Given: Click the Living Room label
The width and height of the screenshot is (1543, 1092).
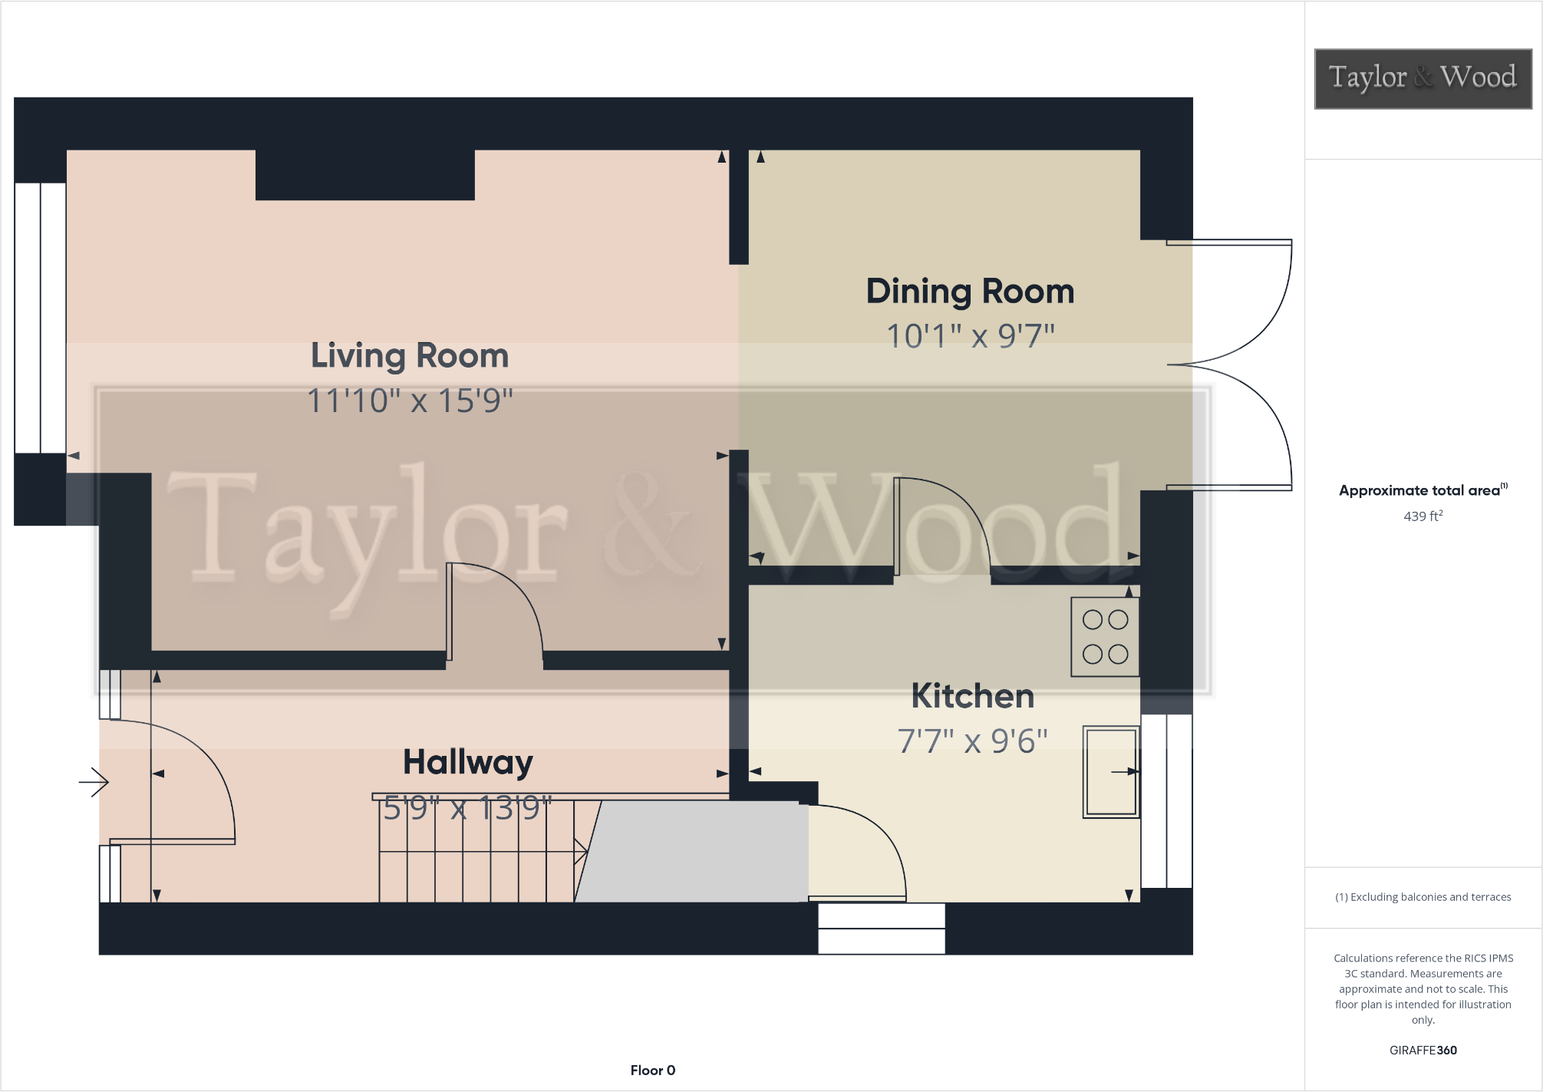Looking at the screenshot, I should (410, 356).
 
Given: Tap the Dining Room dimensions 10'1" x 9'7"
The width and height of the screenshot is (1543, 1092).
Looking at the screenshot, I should (971, 336).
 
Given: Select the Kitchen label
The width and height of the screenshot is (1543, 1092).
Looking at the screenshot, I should (972, 696).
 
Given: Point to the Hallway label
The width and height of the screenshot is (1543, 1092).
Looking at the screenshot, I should (467, 762).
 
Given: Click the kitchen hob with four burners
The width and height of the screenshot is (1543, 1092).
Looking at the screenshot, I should (1105, 637).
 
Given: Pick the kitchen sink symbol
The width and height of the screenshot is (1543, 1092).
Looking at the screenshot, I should (1109, 772).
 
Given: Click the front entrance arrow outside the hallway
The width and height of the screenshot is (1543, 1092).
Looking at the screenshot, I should (94, 782).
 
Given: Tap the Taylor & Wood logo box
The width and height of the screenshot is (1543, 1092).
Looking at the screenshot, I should (1423, 78).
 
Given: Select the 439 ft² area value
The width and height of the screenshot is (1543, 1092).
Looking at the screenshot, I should (1423, 516).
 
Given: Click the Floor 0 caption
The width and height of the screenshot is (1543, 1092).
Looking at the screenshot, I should (652, 1070).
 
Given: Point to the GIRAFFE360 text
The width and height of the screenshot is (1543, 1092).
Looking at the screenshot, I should (1423, 1050).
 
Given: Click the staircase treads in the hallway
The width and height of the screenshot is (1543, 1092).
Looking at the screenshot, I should (476, 852).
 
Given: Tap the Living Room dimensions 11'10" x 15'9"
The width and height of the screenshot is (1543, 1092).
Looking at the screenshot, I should (410, 401).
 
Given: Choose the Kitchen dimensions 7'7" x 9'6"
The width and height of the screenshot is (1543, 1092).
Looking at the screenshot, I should (972, 741).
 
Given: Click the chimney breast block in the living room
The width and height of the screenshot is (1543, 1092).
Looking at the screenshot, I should (364, 175).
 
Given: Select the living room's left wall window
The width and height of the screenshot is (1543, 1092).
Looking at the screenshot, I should (40, 317).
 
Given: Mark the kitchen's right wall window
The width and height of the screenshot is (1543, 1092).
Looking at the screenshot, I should (1166, 800).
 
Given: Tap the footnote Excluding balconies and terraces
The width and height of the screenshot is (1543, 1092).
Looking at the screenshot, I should (1423, 896).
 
